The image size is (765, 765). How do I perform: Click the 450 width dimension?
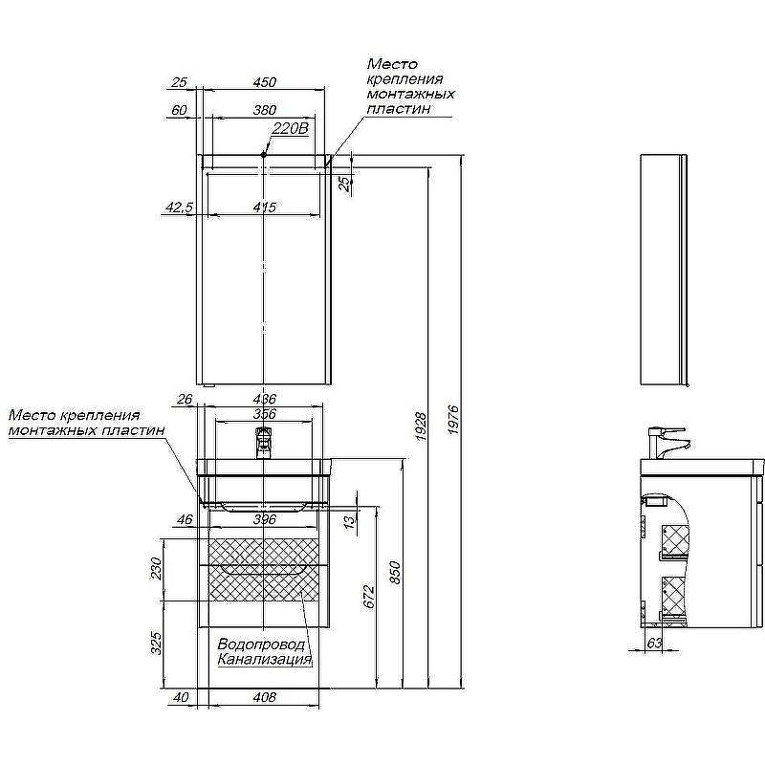click(x=265, y=82)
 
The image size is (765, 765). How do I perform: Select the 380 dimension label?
click(x=265, y=110)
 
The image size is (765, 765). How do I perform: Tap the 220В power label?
click(x=291, y=128)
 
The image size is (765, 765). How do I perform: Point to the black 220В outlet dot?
click(x=264, y=155)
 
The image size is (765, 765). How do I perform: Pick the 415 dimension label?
click(x=265, y=207)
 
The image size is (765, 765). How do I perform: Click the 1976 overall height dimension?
click(x=453, y=420)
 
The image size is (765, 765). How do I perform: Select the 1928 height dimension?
click(x=421, y=426)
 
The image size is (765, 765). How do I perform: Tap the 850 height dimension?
click(x=395, y=573)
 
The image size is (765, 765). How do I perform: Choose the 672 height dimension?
click(x=369, y=596)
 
